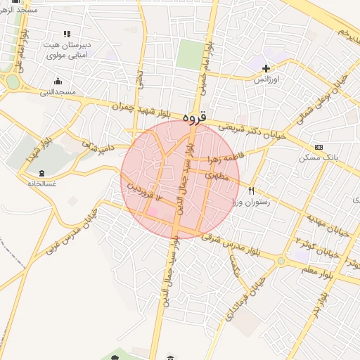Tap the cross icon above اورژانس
point(266,68)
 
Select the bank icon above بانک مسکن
point(319,147)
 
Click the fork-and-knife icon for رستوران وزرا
point(251,191)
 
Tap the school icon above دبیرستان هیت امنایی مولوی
point(67,33)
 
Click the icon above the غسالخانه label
point(41,173)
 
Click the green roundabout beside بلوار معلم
point(281,261)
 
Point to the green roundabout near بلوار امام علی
point(12,82)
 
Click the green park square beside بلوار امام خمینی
point(188,55)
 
